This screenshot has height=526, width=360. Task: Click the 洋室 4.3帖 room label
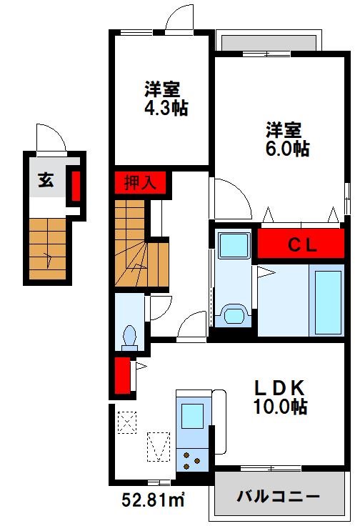(x=162, y=99)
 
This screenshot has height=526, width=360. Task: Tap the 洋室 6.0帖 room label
(x=287, y=139)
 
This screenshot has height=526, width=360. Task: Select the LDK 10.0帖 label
(x=281, y=397)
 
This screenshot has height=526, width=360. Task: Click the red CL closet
(x=303, y=244)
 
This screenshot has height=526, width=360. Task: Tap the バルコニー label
(x=278, y=496)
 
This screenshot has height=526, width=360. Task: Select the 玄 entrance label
(x=46, y=180)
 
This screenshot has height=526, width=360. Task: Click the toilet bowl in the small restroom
(x=130, y=334)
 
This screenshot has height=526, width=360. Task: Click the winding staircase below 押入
(x=140, y=247)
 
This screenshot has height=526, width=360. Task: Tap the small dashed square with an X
(x=127, y=422)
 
